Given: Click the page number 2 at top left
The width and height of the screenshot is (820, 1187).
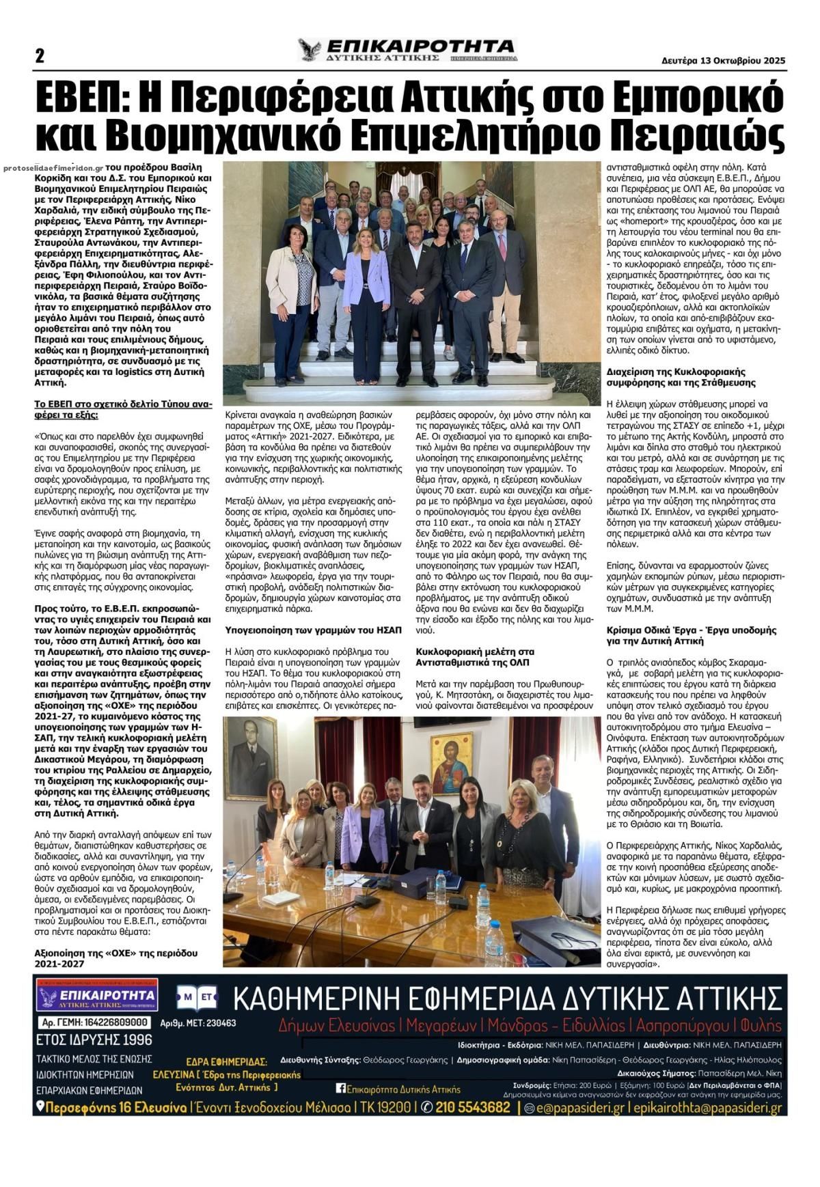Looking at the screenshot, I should [x=40, y=56].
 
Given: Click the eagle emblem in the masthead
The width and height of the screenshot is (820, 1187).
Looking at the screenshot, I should [x=310, y=51].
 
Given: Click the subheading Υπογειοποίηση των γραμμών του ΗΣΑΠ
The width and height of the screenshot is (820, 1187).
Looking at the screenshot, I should [x=314, y=629].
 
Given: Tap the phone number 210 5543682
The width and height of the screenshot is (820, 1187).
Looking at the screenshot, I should [x=472, y=1107].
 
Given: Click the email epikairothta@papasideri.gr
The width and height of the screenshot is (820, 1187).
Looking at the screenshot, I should [x=708, y=1107].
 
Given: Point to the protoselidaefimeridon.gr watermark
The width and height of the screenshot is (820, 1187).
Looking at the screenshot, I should [x=53, y=167].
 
